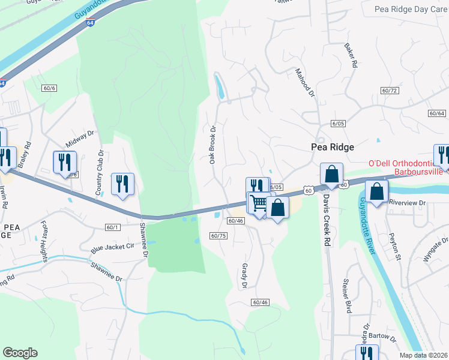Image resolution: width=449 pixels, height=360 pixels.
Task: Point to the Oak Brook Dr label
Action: pos(212,145)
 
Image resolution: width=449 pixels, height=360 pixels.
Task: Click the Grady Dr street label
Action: pos(244,275)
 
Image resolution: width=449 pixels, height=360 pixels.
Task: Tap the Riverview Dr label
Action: pos(406,203)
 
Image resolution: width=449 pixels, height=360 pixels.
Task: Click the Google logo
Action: pos(20,353)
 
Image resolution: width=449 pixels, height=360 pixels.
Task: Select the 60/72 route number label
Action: pos(390,91)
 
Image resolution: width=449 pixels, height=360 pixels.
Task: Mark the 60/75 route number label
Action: pos(218,236)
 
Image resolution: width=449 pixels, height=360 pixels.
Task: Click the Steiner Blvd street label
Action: pos(347,303)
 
